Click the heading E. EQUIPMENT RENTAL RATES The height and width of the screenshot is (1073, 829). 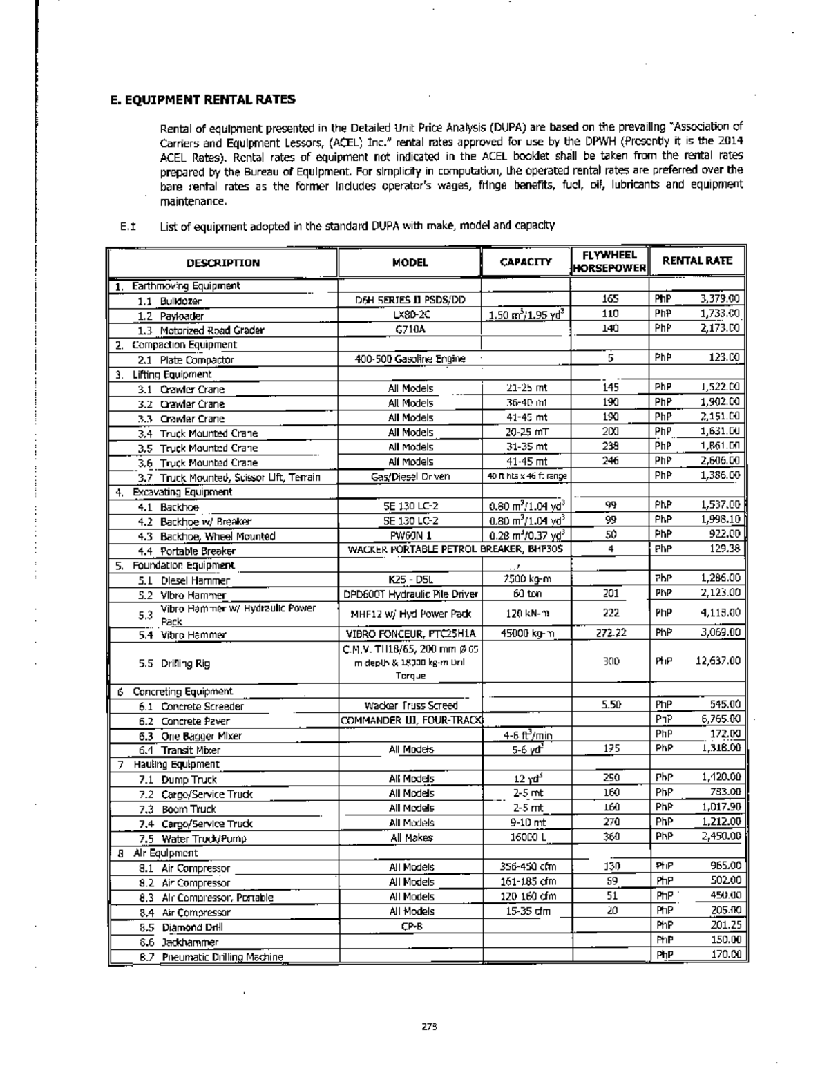(x=203, y=99)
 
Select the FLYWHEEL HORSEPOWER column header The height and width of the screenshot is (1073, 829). (x=609, y=261)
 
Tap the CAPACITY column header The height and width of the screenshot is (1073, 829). (x=526, y=262)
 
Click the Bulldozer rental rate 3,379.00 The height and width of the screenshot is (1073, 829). (x=720, y=299)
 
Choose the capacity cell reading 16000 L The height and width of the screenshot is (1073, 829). (x=526, y=837)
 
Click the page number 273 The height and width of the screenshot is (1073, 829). (x=430, y=1026)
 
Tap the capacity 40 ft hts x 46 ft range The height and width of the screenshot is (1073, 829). (x=527, y=476)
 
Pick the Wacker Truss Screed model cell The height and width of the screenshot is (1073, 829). (x=411, y=705)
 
